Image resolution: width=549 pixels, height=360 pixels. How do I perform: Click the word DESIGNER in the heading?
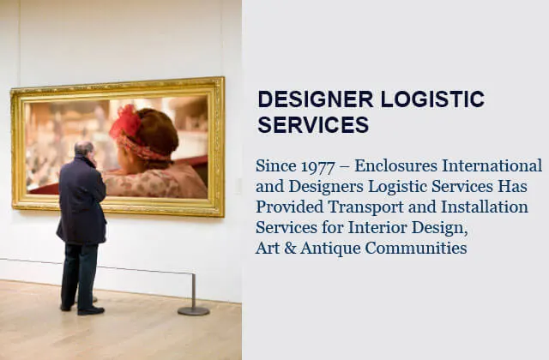tap(316, 99)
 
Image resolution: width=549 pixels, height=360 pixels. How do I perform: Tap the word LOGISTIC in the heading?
tap(432, 99)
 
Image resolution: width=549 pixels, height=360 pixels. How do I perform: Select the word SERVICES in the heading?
tap(313, 124)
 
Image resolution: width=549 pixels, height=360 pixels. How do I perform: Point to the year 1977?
tap(317, 166)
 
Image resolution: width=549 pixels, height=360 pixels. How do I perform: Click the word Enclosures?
tap(396, 165)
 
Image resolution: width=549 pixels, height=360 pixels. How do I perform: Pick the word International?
tap(492, 165)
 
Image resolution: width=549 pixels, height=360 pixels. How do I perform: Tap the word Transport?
tap(366, 207)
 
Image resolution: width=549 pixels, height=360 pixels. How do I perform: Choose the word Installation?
tap(485, 207)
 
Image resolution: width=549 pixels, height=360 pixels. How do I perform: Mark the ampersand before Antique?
tap(290, 249)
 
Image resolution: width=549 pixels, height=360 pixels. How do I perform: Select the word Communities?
tap(416, 248)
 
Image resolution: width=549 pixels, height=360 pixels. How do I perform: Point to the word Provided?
tap(290, 207)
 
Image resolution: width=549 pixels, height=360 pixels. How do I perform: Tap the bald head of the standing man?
tap(84, 148)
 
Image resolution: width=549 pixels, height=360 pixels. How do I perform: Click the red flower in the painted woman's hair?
tap(125, 122)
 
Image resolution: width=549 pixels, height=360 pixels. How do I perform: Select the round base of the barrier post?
tap(194, 310)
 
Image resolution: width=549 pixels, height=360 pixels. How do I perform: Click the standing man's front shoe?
tap(91, 310)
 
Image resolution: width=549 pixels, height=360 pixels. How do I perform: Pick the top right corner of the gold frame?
tap(223, 77)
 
